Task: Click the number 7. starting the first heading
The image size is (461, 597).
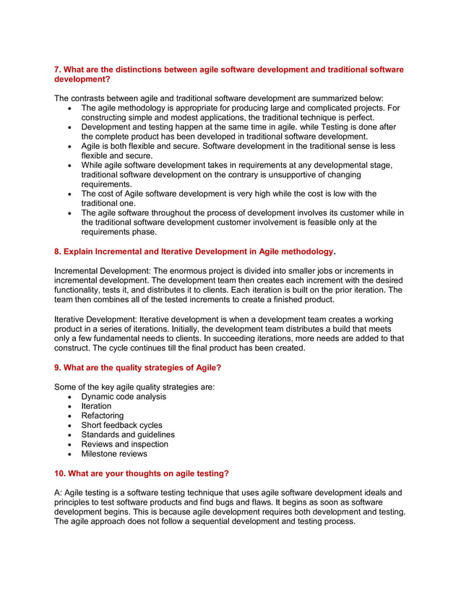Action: [59, 70]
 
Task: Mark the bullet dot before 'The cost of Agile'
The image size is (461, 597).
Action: [69, 194]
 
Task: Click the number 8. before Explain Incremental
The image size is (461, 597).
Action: [59, 252]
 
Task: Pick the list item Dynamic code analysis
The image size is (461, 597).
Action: [124, 397]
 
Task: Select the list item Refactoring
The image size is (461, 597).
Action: [102, 416]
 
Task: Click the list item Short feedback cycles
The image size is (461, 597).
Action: [121, 425]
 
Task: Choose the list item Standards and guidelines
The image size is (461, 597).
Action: [127, 434]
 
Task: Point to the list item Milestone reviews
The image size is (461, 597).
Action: [114, 454]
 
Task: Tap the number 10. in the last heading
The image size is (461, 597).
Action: [61, 473]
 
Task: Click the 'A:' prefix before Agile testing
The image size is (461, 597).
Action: [59, 493]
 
